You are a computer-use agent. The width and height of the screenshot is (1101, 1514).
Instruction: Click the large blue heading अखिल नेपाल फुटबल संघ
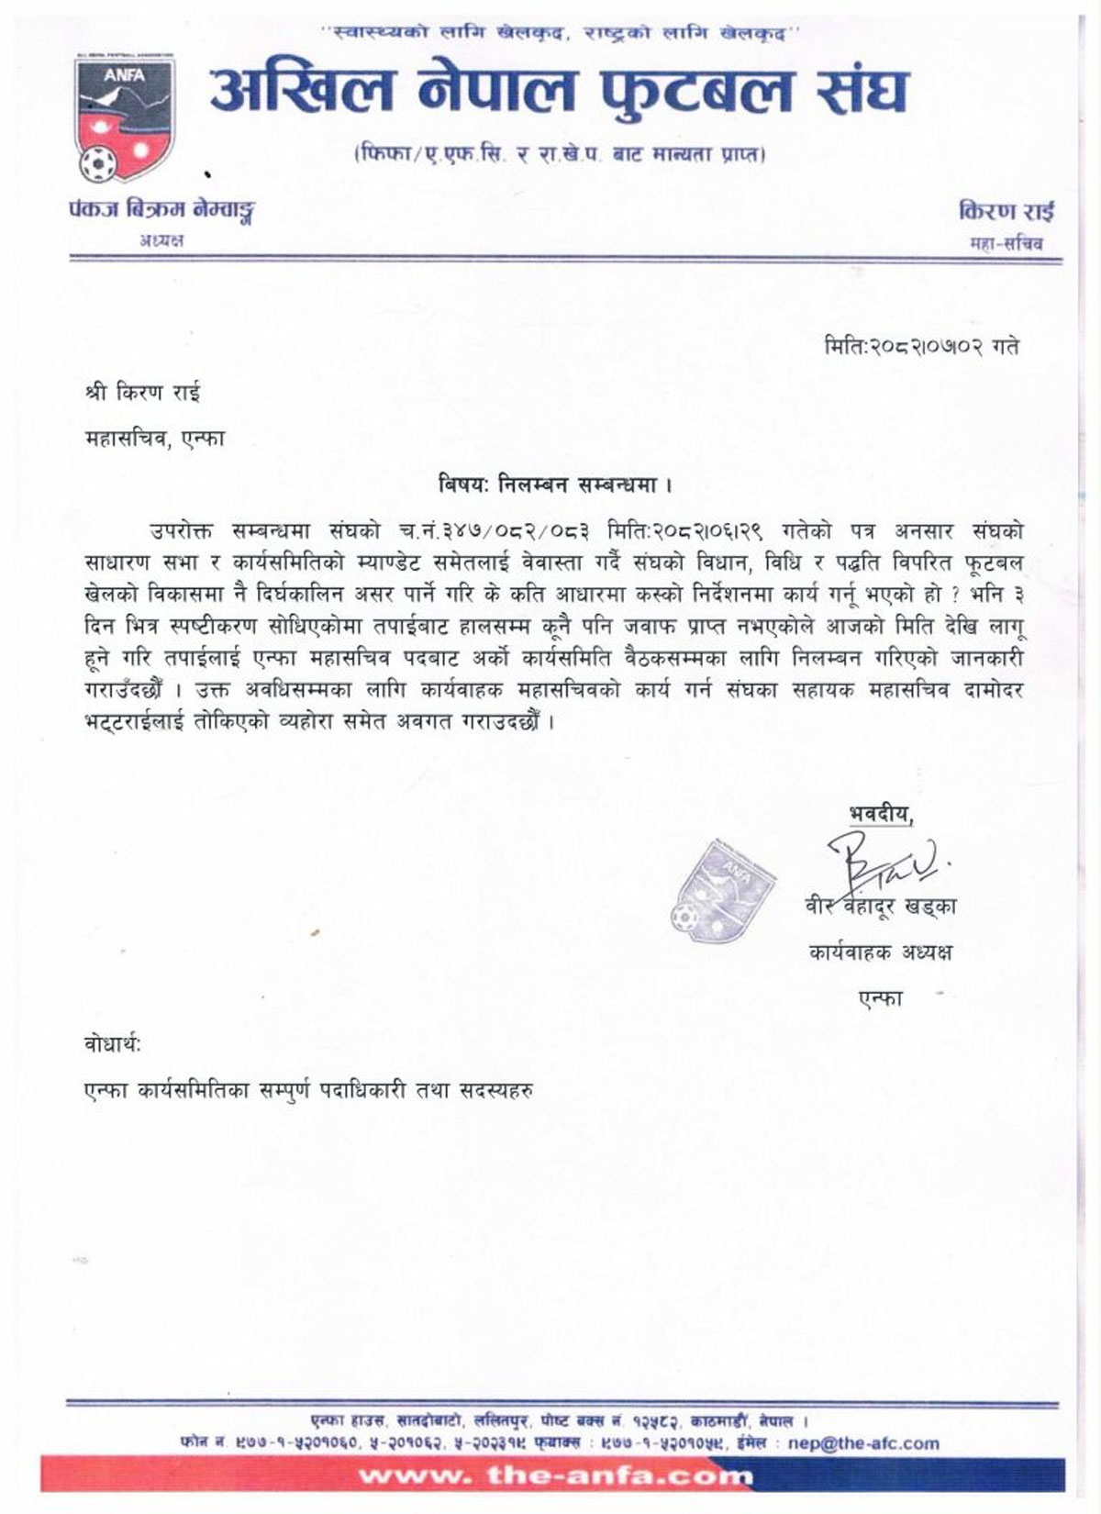559,92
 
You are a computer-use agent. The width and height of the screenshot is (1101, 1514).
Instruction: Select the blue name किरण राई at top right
1006,211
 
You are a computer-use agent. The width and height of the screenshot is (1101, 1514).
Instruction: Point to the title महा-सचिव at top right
1006,244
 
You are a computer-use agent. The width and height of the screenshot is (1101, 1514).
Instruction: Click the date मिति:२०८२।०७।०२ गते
920,348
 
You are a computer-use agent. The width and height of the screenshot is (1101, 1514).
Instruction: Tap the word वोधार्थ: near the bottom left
112,1045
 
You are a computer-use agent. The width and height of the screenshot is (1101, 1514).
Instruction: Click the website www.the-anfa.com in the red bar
556,1476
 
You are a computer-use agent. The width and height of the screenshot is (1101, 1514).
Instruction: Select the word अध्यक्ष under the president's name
161,240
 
